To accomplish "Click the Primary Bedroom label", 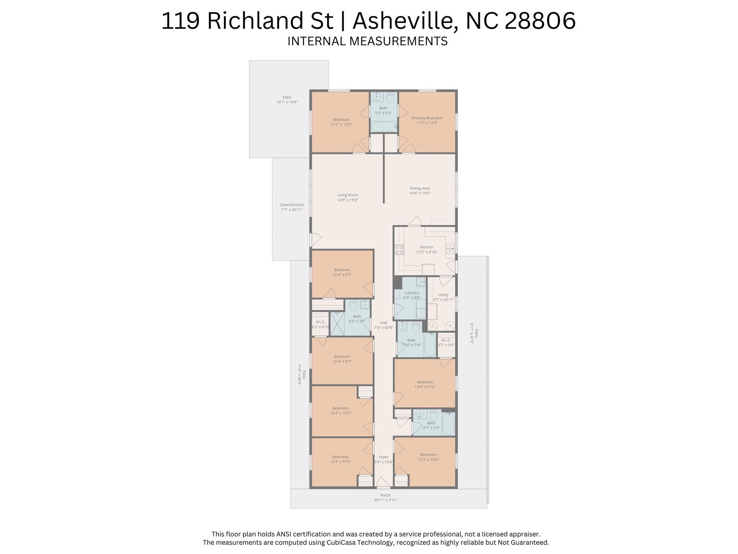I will point(427,118).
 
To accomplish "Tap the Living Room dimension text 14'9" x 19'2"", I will point(348,200).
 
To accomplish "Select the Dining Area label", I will point(420,188).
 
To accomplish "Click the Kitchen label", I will point(427,247).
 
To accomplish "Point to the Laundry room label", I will point(412,293).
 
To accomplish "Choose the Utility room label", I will point(443,295).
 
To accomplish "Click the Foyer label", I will point(384,457).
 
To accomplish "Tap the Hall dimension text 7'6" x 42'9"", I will point(384,328).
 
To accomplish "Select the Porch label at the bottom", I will point(385,495).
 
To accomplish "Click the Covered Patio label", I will point(292,205).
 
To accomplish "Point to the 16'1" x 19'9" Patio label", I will point(287,102).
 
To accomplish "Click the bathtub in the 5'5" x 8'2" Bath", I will point(383,127).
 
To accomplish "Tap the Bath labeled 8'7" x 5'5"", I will point(431,425).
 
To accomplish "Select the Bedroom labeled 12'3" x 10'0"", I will point(428,457).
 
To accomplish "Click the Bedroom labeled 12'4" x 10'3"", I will point(340,411).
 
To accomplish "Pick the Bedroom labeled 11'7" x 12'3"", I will point(341,122).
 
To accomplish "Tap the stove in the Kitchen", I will point(399,249).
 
